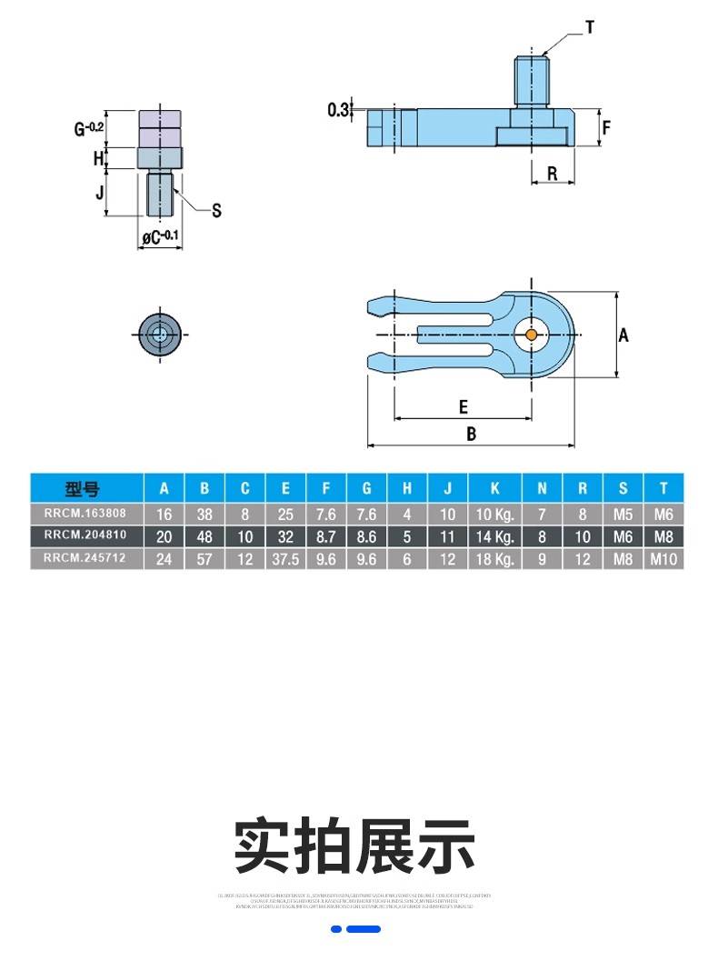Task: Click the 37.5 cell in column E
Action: pyautogui.click(x=285, y=559)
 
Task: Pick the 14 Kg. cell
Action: pyautogui.click(x=496, y=536)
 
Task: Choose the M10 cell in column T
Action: pyautogui.click(x=664, y=559)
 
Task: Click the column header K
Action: pyautogui.click(x=496, y=487)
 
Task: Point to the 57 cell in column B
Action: pyautogui.click(x=204, y=559)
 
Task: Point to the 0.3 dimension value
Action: pyautogui.click(x=338, y=110)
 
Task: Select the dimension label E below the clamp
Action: pyautogui.click(x=463, y=406)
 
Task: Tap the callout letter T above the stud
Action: pyautogui.click(x=589, y=28)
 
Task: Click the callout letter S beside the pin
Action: pyautogui.click(x=216, y=211)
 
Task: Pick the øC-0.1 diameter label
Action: pyautogui.click(x=159, y=238)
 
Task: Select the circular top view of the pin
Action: pyautogui.click(x=160, y=335)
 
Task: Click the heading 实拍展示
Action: pyautogui.click(x=355, y=846)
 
